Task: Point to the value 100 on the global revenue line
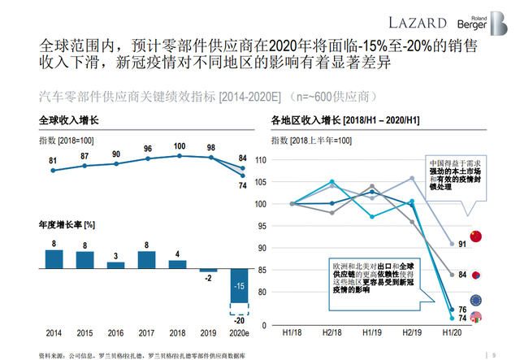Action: pos(179,146)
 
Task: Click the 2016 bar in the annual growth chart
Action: pos(116,264)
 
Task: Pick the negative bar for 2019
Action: pos(209,271)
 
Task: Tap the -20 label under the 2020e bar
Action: pos(239,319)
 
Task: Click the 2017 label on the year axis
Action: pos(147,333)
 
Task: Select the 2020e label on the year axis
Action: pos(239,333)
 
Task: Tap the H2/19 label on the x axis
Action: pos(411,333)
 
